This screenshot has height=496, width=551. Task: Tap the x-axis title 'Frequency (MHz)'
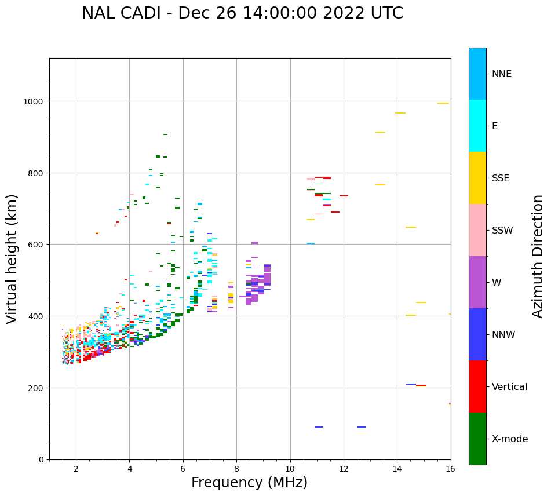pos(249,483)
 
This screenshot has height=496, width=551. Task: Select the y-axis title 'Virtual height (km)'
pos(12,258)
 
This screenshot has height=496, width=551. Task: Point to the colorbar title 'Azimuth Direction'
pos(538,256)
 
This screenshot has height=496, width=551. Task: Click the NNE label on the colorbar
pos(502,74)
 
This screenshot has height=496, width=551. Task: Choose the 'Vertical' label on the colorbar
pos(509,386)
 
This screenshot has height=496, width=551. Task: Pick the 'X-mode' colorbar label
pos(510,439)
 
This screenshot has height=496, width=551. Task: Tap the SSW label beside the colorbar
pos(502,230)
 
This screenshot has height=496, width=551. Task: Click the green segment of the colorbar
pos(477,439)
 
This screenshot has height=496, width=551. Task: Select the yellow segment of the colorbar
pos(477,178)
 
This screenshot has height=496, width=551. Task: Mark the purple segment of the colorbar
pos(477,282)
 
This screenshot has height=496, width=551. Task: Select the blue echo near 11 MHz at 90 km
pos(319,427)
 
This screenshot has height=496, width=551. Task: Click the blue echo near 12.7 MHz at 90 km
pos(362,427)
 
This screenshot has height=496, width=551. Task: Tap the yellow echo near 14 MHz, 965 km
pos(400,113)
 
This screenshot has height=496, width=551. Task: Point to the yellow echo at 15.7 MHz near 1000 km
pos(443,103)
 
